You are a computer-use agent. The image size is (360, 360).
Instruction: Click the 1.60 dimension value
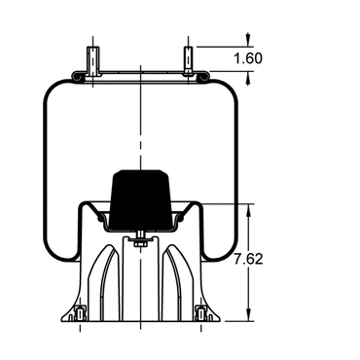[x=248, y=58]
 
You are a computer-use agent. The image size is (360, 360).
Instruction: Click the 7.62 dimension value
[x=249, y=260]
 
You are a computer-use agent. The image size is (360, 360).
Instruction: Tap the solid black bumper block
[x=140, y=198]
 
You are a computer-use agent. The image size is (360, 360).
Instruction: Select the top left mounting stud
[x=92, y=60]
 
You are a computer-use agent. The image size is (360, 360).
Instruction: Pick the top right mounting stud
[x=188, y=60]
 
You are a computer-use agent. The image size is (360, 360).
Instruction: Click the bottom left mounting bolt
[x=80, y=313]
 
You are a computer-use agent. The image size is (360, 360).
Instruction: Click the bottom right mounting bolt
[x=201, y=313]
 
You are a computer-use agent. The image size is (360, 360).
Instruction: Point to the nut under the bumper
[x=140, y=243]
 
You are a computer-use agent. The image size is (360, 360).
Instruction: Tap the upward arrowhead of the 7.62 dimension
[x=248, y=210]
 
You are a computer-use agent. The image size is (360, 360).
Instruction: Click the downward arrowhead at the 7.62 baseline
[x=248, y=315]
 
